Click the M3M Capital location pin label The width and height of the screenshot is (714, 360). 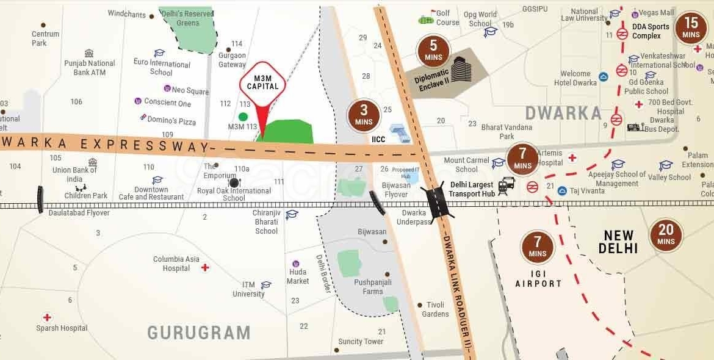coord(262,82)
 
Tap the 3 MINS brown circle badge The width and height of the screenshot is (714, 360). coord(364,115)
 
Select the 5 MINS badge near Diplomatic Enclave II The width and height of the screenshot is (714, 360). coord(433,51)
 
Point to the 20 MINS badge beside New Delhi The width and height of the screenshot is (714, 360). coord(666,235)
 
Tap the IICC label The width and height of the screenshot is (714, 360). coord(379,139)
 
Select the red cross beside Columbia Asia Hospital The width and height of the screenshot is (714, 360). coord(206,267)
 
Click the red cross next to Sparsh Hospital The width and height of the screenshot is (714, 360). coord(47,317)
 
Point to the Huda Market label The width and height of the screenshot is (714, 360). coord(298,276)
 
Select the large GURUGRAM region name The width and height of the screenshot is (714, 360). coord(199,333)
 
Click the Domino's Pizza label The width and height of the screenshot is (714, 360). coord(171,121)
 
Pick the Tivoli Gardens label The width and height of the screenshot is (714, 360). coord(435,309)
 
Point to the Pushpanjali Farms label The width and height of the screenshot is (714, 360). coord(373,287)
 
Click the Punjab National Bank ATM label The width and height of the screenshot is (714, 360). coord(90,68)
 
